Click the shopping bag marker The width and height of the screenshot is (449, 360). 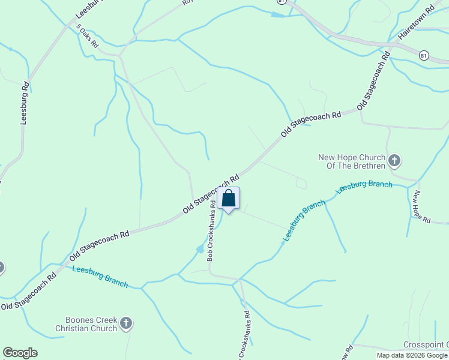228,199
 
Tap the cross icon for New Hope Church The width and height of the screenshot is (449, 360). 394,160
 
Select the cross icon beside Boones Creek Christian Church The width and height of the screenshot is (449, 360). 125,324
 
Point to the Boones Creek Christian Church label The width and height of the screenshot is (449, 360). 86,324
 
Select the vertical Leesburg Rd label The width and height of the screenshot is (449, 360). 25,103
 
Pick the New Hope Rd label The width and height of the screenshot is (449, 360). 422,207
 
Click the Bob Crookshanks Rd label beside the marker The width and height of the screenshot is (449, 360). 211,231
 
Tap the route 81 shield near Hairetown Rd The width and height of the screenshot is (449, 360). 424,55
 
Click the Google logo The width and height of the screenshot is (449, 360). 20,353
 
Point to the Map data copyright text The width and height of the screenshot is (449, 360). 412,355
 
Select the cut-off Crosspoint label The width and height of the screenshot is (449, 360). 426,344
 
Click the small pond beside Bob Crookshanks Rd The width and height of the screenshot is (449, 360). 200,249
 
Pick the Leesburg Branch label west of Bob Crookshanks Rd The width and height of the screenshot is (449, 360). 100,277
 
